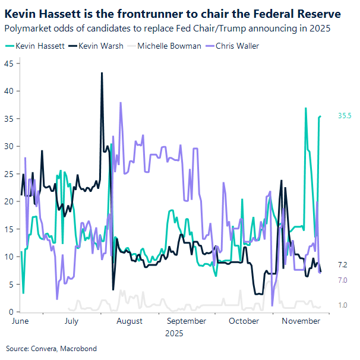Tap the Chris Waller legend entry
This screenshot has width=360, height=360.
pos(236,46)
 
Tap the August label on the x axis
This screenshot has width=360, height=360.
pos(130,321)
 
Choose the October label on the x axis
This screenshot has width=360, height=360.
pos(244,321)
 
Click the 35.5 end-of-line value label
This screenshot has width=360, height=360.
pos(345,116)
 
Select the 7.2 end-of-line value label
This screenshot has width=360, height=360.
pos(342,265)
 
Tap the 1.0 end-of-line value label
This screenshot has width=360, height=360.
pos(342,305)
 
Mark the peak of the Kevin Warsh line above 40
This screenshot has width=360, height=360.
pos(102,73)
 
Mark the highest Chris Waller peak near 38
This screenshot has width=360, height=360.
pos(121,103)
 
